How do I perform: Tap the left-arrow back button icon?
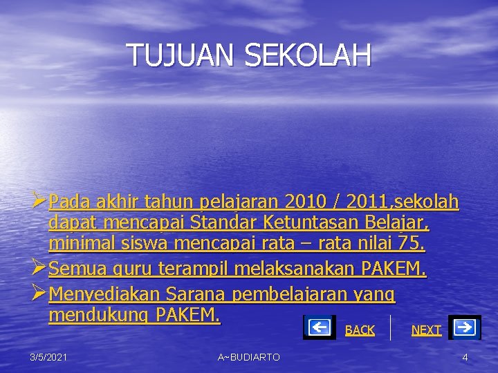point(319,327)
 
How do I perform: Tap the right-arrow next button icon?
point(465,327)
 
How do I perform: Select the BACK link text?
point(360,330)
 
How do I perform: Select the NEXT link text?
point(426,330)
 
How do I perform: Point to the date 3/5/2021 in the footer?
point(48,356)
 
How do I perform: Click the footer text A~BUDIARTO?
point(249,356)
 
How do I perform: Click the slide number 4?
point(465,356)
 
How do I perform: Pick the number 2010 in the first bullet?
point(308,202)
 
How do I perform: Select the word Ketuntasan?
point(308,223)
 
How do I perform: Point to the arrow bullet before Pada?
point(39,202)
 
